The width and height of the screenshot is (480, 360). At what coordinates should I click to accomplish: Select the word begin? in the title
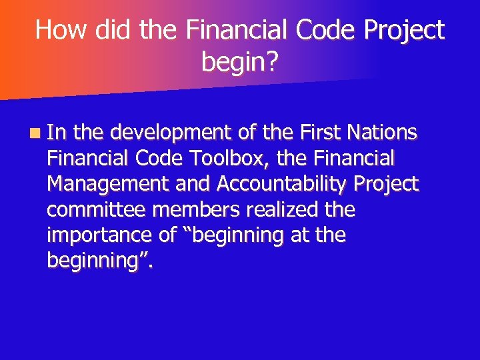pos(240,63)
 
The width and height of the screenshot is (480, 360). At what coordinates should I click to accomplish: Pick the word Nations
pos(384,133)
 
